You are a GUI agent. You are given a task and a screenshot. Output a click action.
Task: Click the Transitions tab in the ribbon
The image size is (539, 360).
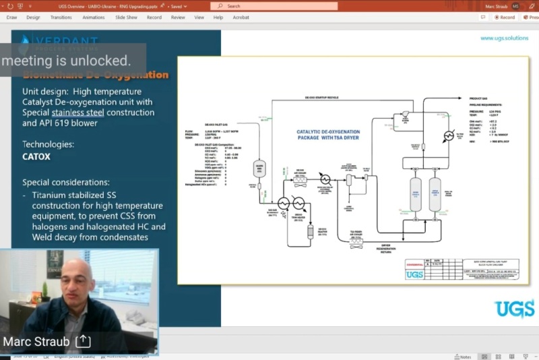click(61, 18)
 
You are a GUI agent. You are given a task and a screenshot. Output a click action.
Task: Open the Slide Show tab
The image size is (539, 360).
click(126, 18)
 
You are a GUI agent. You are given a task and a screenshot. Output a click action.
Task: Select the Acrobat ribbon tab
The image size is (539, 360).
click(241, 18)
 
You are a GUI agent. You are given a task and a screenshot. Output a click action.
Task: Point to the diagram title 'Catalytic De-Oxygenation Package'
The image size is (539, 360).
click(328, 134)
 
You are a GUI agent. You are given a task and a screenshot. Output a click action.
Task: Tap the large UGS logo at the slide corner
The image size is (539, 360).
click(515, 309)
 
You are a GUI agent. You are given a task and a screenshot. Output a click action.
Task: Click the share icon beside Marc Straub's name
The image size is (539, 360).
click(83, 341)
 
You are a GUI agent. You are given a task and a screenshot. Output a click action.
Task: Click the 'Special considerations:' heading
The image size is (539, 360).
click(67, 183)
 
